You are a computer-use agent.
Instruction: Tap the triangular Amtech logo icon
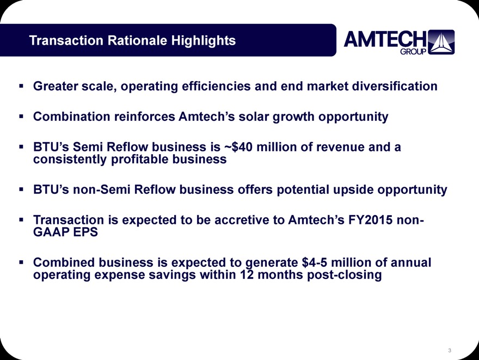point(441,42)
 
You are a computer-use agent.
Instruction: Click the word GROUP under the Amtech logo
point(413,51)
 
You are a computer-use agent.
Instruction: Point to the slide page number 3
point(450,350)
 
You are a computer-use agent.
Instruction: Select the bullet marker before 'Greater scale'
point(21,86)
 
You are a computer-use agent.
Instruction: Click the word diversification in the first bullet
point(395,86)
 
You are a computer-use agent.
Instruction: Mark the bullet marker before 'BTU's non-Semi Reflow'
point(21,190)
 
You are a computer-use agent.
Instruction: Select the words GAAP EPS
point(65,232)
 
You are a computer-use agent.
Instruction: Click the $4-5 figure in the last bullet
point(315,262)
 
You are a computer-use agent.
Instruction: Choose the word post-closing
point(344,274)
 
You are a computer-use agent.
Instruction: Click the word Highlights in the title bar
point(203,40)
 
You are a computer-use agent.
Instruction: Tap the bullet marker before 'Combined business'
point(21,262)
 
